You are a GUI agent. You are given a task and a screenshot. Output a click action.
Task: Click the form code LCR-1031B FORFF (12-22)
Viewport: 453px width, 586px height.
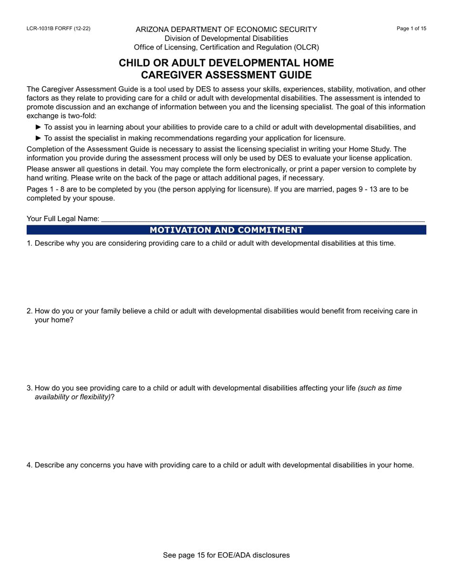point(58,29)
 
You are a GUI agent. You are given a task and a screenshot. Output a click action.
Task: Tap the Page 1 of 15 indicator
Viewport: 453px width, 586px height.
point(412,29)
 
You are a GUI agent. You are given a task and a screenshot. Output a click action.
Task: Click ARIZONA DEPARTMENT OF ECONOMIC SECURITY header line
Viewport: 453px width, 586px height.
point(226,30)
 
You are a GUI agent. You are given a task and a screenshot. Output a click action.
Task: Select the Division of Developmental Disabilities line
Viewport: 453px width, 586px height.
point(226,38)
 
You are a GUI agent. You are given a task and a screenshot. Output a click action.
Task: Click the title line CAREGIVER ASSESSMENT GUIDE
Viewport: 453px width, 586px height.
point(226,75)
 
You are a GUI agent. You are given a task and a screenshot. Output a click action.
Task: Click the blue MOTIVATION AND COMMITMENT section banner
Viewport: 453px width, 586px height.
point(226,230)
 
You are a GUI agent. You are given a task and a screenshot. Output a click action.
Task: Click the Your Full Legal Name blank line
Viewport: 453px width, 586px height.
point(262,219)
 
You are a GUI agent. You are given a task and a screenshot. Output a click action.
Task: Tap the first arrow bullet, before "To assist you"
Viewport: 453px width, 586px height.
point(39,127)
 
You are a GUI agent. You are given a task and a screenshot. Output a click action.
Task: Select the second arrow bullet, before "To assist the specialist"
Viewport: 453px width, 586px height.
point(39,138)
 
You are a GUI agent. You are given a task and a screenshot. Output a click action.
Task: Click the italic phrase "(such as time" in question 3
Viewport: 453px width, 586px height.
point(380,388)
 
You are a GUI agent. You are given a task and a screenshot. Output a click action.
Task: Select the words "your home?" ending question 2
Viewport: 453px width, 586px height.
point(54,320)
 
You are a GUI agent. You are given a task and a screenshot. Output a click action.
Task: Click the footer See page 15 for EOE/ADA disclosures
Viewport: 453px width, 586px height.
point(226,555)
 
